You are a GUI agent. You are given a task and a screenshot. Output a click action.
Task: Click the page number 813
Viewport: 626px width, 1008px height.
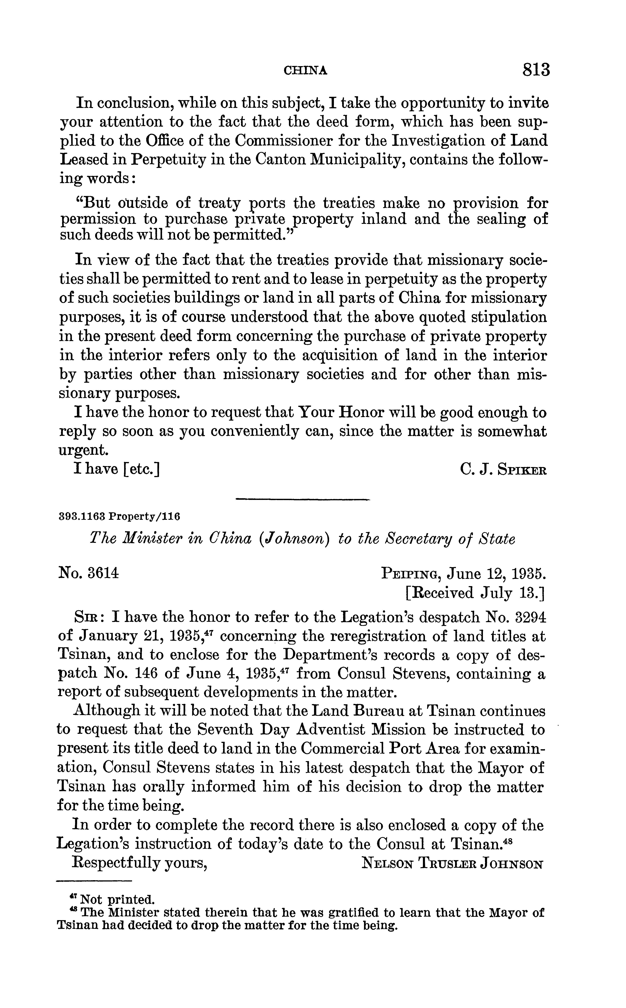pos(536,69)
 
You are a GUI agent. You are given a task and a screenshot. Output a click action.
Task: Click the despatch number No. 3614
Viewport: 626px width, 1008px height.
pos(89,574)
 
